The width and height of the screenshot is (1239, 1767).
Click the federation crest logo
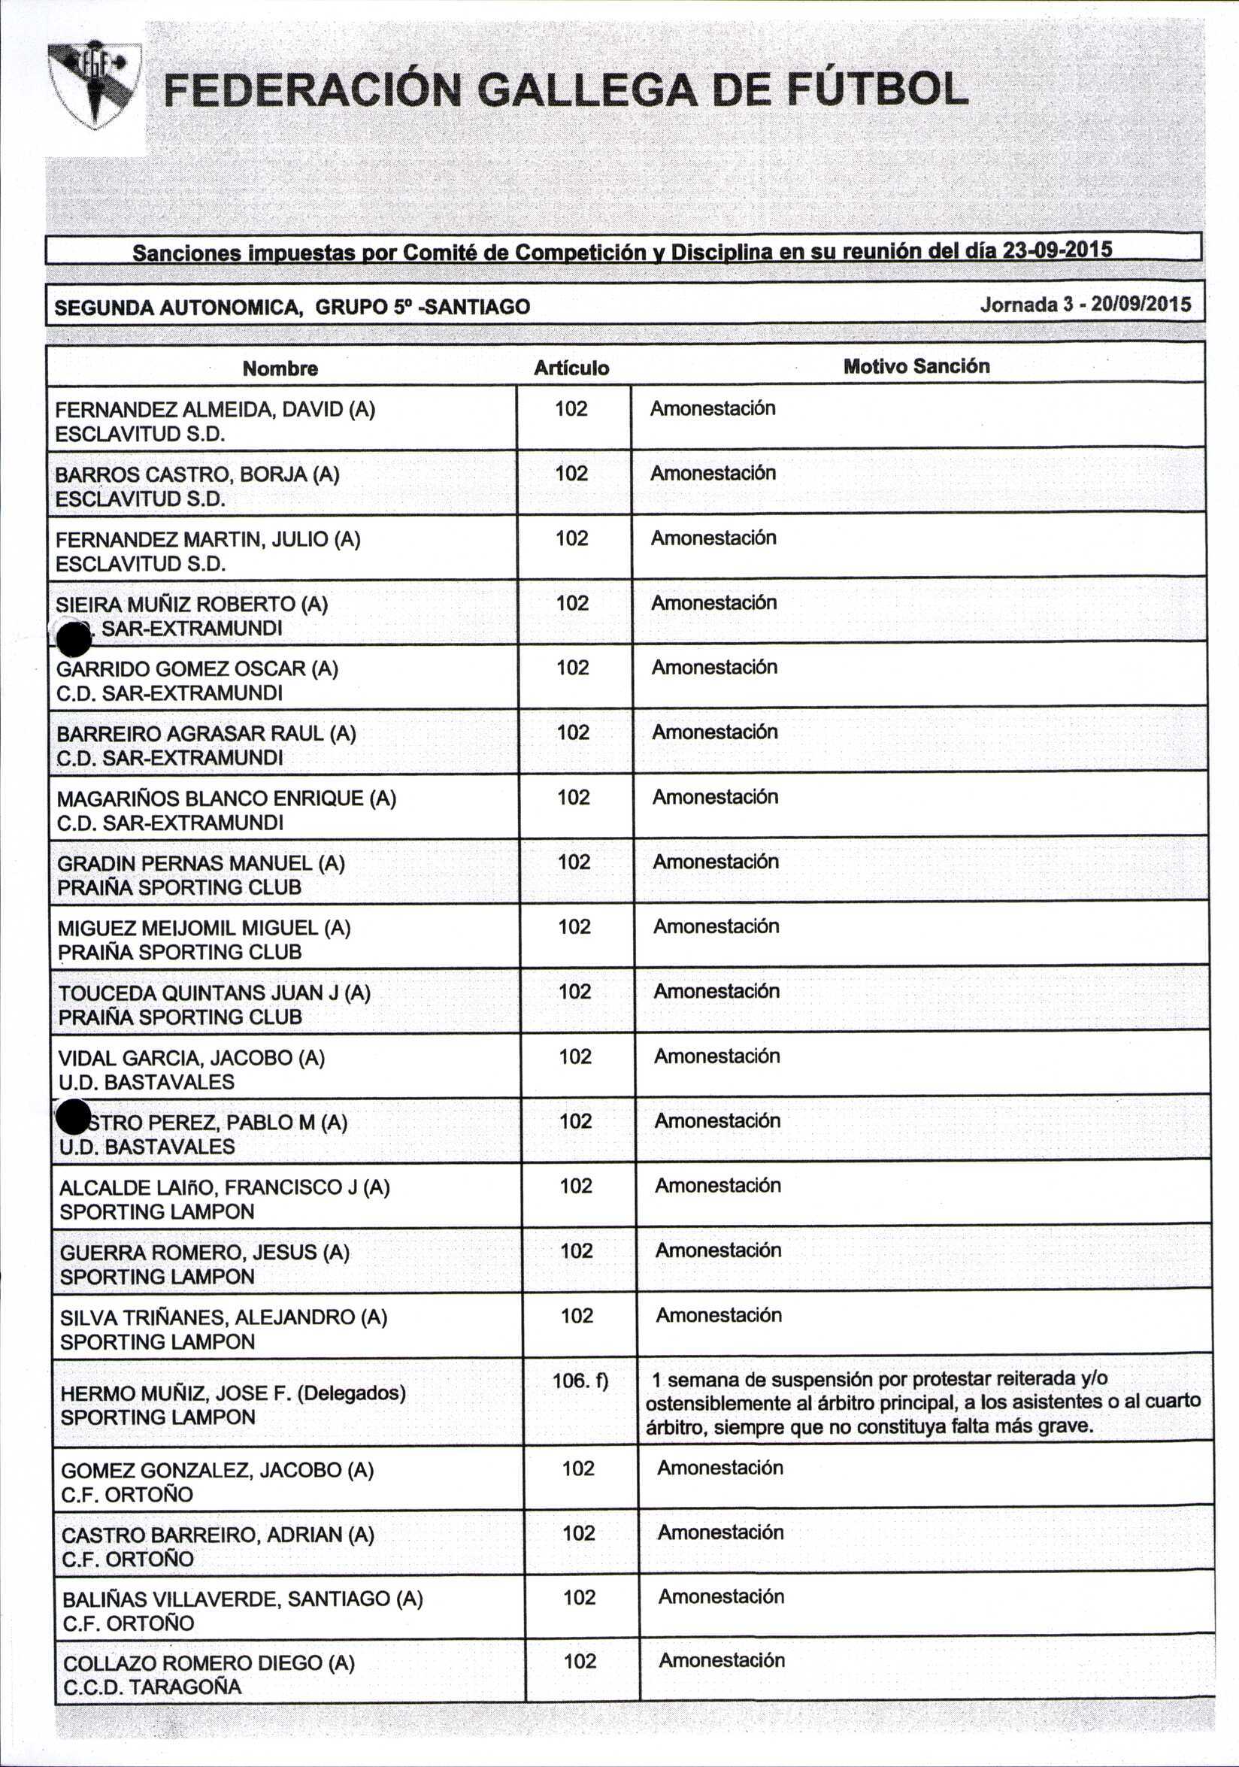point(94,85)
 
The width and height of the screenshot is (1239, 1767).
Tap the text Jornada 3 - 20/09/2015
point(1085,304)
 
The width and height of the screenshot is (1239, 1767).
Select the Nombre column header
point(280,368)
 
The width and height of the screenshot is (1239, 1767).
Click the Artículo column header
point(572,368)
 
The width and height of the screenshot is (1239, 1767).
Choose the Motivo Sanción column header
point(916,366)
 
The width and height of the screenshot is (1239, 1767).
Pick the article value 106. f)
point(580,1381)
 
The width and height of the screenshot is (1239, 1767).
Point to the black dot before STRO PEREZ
point(73,1117)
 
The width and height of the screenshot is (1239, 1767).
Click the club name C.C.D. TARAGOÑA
point(153,1688)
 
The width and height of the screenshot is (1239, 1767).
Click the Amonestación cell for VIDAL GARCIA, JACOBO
point(717,1056)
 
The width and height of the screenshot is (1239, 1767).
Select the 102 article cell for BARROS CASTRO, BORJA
point(571,473)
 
